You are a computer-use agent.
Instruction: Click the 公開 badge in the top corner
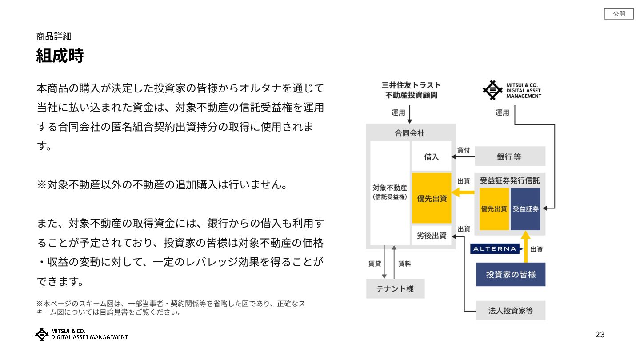point(619,14)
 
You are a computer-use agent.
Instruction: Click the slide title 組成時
point(60,56)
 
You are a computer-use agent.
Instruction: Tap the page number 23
point(600,335)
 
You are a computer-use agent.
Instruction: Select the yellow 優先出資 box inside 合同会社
point(432,198)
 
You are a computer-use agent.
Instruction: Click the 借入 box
point(432,156)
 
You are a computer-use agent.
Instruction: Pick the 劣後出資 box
point(432,236)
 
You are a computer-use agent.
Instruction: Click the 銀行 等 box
point(510,156)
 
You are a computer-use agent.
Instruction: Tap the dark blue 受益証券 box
point(525,208)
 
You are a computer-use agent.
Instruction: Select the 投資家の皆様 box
point(511,274)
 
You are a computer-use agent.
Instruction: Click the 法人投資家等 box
point(511,311)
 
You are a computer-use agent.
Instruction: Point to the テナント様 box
point(395,288)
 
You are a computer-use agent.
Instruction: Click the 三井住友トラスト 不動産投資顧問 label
point(411,90)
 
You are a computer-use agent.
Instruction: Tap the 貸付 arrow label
point(464,150)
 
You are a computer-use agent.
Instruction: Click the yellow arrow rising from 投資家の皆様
point(525,247)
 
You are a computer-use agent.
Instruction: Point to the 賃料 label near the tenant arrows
point(404,264)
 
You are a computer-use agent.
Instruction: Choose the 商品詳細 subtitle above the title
point(54,36)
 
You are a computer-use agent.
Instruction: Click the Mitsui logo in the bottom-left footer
point(81,334)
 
